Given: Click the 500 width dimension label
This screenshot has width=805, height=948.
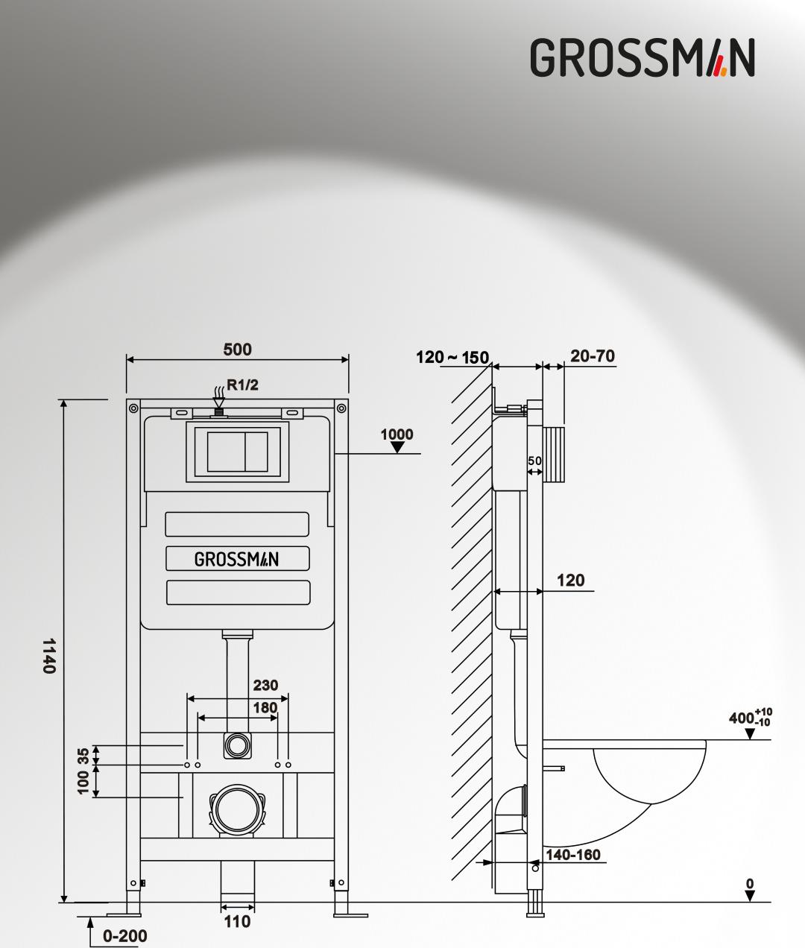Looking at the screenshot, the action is click(237, 350).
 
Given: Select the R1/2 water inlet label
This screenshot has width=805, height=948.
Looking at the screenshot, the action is click(242, 385).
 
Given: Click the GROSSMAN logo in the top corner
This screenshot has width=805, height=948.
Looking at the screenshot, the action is click(643, 57).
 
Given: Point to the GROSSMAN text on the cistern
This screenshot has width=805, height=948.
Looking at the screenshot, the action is click(236, 559).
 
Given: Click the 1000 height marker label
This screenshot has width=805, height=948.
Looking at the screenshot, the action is click(397, 434).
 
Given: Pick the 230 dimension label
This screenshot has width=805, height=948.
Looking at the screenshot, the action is click(265, 685).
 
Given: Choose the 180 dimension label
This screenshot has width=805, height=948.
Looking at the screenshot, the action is click(265, 708).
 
